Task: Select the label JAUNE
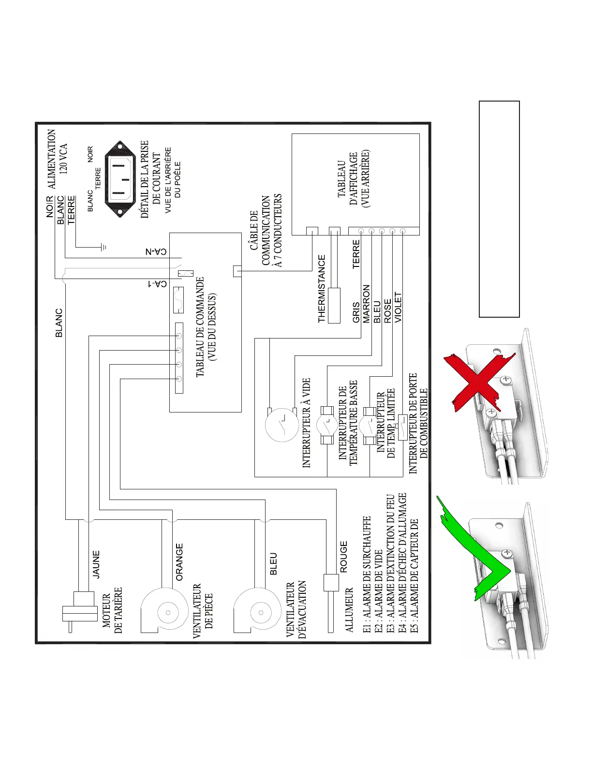point(96,564)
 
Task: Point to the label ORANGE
point(179,561)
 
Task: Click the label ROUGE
point(343,557)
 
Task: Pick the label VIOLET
point(398,307)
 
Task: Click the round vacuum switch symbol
point(281,424)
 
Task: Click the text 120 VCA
point(63,158)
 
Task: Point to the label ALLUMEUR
point(349,610)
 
